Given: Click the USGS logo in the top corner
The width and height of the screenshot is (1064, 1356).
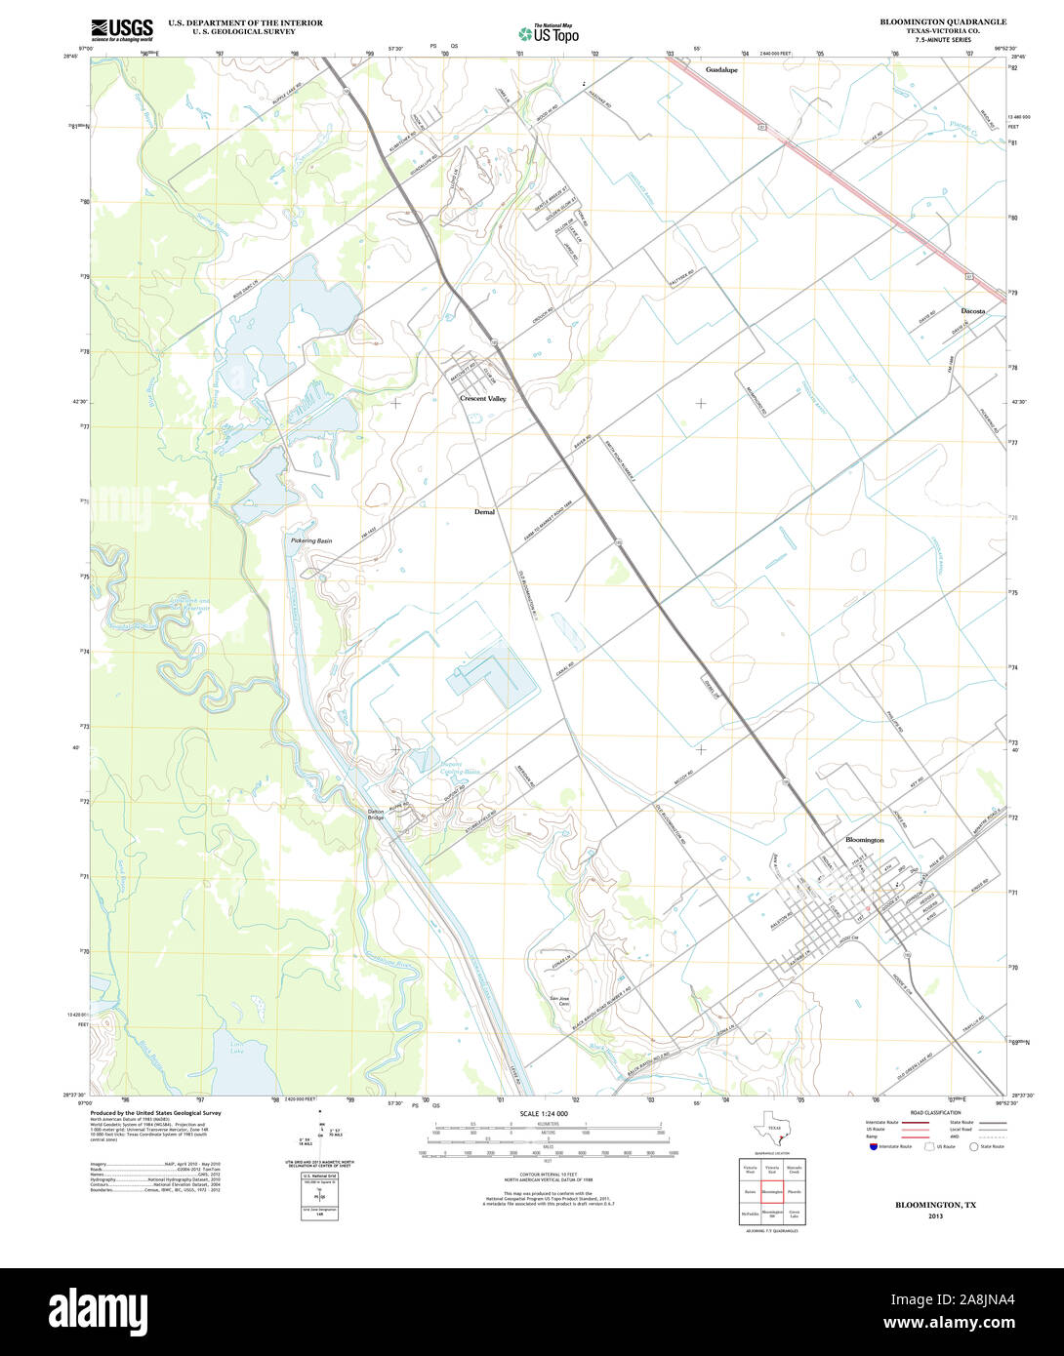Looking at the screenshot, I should coord(122,30).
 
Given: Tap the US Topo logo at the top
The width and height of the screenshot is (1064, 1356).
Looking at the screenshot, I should coord(549,33).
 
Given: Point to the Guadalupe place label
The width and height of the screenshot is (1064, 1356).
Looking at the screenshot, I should coord(721,70).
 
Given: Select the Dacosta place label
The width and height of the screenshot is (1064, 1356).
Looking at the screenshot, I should coord(972,310).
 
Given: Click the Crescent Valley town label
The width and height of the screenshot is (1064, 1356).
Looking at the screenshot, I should coord(483,399).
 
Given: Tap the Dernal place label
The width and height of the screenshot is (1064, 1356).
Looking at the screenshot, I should coord(484,511).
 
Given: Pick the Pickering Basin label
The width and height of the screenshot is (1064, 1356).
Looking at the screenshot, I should coord(310,540).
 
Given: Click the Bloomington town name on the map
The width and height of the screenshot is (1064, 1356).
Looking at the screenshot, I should coord(864,839).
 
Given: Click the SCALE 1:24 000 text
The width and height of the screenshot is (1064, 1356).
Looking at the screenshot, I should coord(544,1113).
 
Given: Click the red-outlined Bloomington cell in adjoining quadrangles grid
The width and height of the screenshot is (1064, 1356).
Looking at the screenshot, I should coord(772,1191).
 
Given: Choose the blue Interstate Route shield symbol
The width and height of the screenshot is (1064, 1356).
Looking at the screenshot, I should coord(873,1146).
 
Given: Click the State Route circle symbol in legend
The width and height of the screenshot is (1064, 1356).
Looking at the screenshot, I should coord(972,1146).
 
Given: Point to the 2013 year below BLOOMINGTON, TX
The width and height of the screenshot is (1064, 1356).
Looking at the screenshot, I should coord(935,1216).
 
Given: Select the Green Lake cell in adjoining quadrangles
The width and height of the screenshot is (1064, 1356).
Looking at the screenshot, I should coord(794,1214).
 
